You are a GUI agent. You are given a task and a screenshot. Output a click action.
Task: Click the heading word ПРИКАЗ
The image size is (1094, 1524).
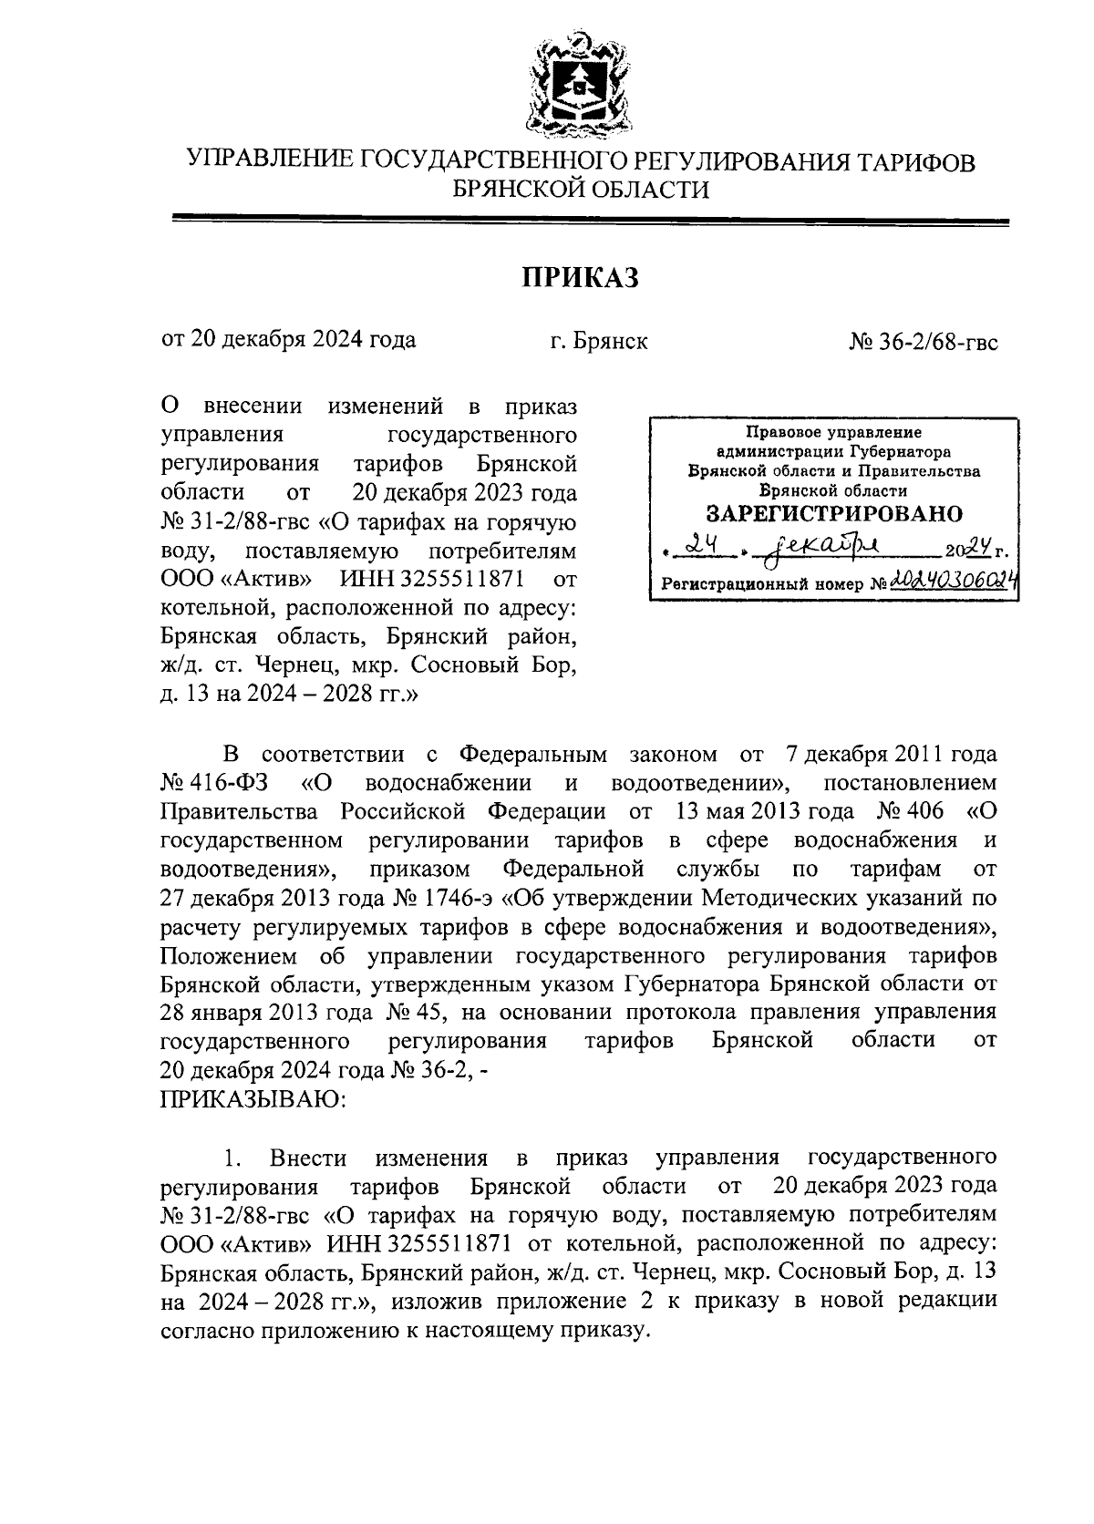[580, 277]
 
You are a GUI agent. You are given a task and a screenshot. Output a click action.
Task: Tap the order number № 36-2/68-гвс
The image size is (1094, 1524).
[923, 341]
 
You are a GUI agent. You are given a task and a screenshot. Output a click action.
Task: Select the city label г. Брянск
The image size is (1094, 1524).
[599, 341]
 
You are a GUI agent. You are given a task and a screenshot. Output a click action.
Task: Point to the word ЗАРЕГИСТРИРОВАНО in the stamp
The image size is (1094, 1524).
[834, 513]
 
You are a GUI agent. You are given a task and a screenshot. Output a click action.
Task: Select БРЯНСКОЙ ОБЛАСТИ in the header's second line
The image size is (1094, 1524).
[581, 190]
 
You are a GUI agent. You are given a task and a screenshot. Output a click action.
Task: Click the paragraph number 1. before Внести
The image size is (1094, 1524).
[232, 1158]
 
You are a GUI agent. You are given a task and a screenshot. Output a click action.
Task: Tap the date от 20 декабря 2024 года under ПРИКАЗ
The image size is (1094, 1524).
[288, 341]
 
